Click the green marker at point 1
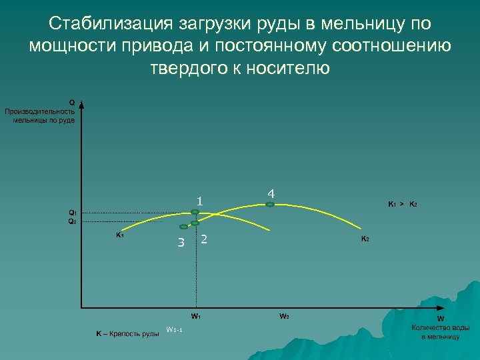click(195, 213)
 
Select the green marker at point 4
click(270, 205)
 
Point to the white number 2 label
click(204, 239)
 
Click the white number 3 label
click(181, 242)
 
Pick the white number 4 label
click(271, 193)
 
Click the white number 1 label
click(199, 201)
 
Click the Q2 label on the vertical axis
click(73, 221)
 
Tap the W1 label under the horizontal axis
click(196, 315)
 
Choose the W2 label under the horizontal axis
click(284, 315)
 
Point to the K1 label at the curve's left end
click(119, 235)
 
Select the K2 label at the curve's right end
click(365, 239)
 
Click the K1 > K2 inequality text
click(403, 203)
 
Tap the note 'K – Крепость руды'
click(127, 333)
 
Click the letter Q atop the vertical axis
click(72, 103)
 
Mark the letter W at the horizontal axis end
click(440, 319)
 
